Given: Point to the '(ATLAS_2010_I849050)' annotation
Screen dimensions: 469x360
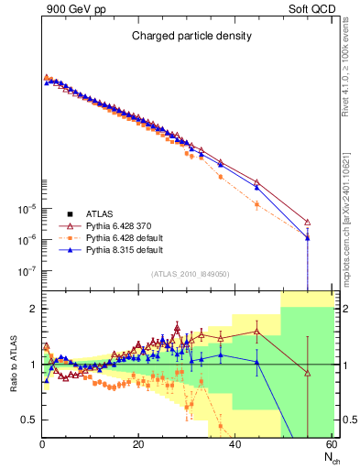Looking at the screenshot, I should (190, 273).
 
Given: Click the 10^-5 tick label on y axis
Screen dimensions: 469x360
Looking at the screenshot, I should (27, 208).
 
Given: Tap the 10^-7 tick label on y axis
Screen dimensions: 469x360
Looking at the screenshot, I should (27, 271).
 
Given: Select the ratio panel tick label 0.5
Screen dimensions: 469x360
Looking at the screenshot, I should (30, 420).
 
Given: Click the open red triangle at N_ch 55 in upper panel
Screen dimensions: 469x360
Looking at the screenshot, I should (308, 223).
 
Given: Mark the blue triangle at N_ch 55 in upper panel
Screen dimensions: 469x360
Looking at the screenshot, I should (308, 238).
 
